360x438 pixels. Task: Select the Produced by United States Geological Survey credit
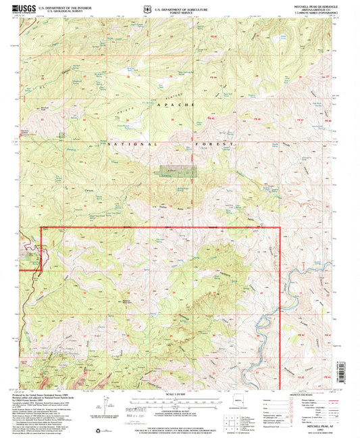pyautogui.click(x=53, y=394)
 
